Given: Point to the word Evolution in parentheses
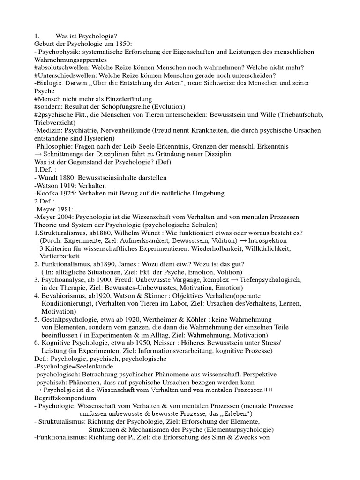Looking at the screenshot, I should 169,107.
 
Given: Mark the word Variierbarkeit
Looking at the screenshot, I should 60,257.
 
